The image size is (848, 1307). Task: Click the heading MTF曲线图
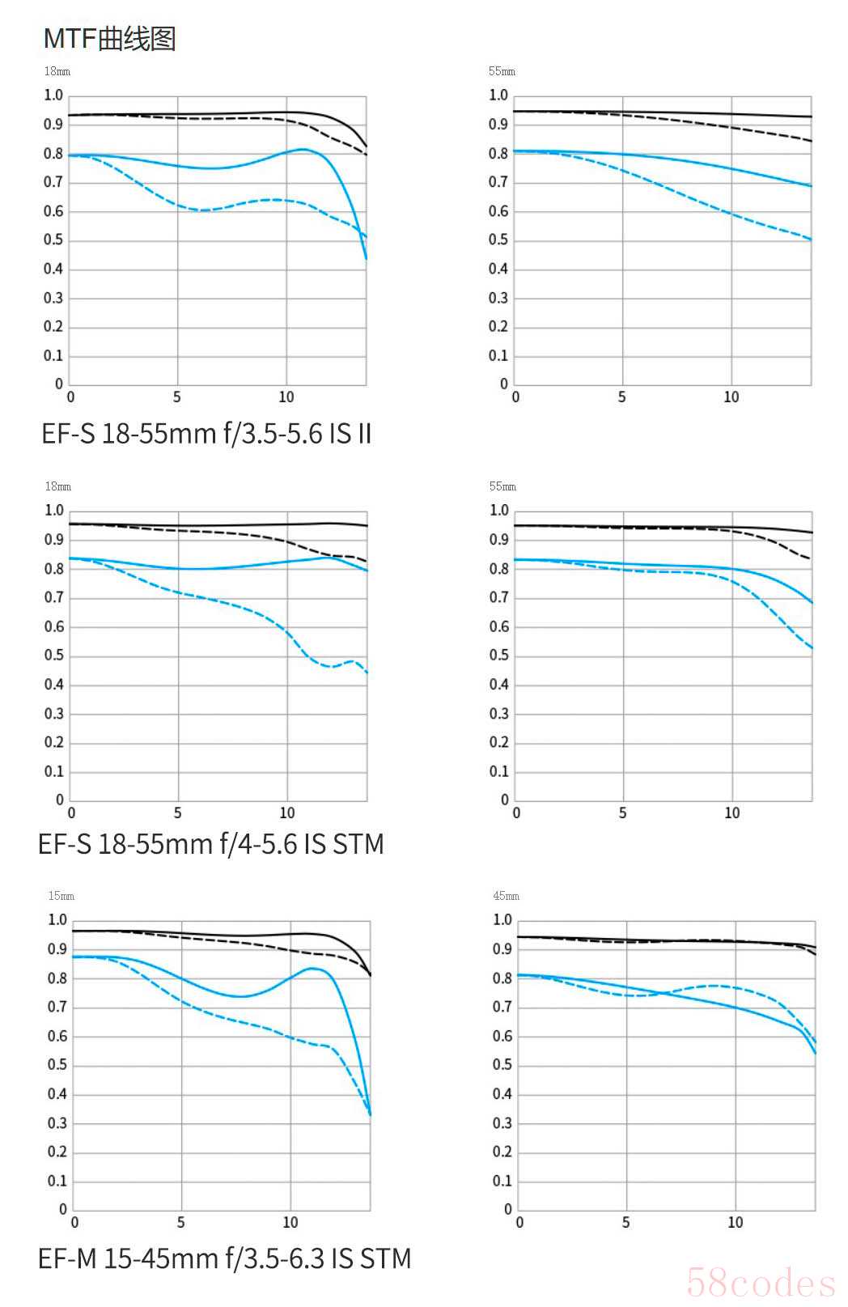pos(109,38)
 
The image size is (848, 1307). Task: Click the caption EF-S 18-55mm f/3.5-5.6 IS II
pos(206,434)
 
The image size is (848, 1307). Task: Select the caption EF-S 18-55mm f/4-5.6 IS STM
pos(210,844)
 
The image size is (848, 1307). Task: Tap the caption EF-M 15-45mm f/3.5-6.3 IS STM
pos(224,1258)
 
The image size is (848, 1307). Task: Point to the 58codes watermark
pos(760,1283)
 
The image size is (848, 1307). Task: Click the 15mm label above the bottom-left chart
pos(61,896)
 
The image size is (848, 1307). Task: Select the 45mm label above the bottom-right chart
pos(506,896)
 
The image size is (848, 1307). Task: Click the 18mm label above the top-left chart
pos(57,71)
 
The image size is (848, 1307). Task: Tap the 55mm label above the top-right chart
pos(502,71)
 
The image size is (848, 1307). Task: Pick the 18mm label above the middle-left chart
pos(57,486)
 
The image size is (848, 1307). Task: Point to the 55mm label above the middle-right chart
pos(502,486)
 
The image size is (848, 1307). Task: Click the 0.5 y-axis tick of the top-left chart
pos(53,240)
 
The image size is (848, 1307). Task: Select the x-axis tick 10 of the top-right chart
pos(731,397)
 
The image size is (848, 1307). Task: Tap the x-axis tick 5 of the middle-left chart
pos(178,813)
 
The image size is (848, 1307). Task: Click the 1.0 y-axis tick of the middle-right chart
pos(499,510)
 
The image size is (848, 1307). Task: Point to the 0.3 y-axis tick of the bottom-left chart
pos(57,1123)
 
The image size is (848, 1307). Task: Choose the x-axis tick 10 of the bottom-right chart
pos(736,1222)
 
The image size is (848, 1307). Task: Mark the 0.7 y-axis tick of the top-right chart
pos(498,182)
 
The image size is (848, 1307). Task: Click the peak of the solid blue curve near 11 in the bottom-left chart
pos(312,968)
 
